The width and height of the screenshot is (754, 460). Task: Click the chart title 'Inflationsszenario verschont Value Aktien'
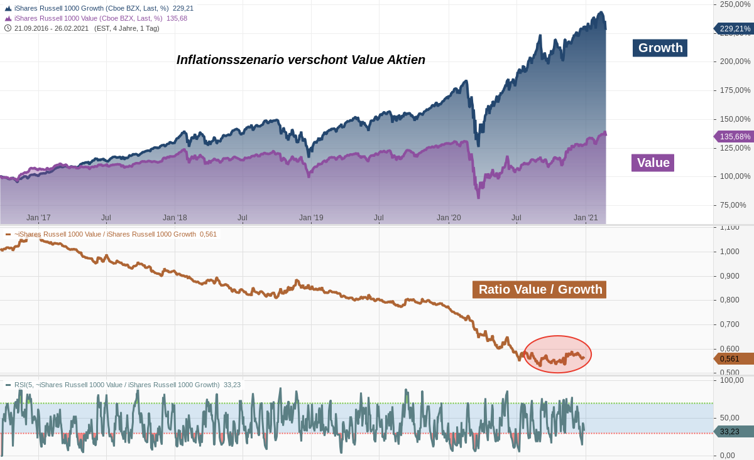(x=300, y=60)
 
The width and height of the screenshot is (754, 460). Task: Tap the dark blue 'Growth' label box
(x=660, y=48)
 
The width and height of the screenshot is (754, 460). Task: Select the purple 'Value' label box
(x=653, y=163)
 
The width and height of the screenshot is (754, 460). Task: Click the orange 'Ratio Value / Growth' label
(x=539, y=289)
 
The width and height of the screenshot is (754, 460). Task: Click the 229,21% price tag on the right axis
(x=735, y=28)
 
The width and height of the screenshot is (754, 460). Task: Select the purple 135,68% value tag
(x=735, y=136)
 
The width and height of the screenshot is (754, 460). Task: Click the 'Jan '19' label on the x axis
(x=311, y=218)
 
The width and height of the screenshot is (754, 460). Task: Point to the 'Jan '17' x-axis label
(x=38, y=218)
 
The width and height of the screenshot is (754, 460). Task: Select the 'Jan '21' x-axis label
(x=586, y=218)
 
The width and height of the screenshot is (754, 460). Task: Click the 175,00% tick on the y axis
(x=735, y=90)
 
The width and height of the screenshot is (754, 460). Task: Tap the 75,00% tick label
(x=733, y=205)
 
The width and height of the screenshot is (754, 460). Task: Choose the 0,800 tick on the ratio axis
(x=729, y=300)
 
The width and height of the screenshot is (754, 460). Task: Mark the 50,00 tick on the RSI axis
(x=731, y=418)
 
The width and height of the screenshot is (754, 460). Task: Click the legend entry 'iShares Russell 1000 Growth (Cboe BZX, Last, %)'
(x=91, y=8)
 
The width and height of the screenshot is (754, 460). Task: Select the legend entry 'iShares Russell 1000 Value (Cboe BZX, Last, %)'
(x=88, y=18)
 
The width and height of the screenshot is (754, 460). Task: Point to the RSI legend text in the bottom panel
(x=117, y=385)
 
